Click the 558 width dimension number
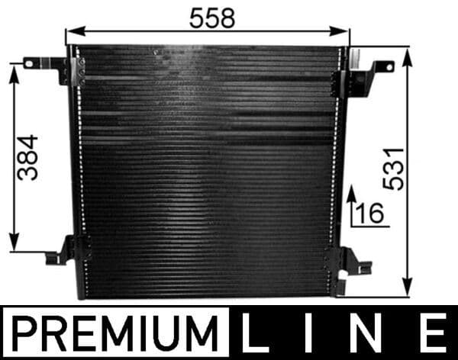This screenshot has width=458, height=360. (212, 19)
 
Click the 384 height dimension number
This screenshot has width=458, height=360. (28, 157)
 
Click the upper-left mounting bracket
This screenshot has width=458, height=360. (50, 67)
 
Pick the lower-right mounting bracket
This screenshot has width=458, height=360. (353, 263)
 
